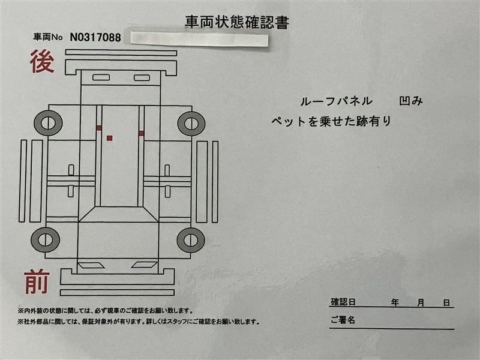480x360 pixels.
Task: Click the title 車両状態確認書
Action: click(x=237, y=22)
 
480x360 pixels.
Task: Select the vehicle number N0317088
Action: click(x=95, y=38)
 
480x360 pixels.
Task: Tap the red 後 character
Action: click(x=42, y=62)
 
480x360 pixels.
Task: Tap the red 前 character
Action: click(x=37, y=281)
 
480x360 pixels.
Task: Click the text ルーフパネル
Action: click(x=337, y=101)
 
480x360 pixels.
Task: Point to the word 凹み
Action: click(x=411, y=101)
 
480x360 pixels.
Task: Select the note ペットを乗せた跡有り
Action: click(x=331, y=122)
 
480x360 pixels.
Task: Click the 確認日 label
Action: click(x=343, y=302)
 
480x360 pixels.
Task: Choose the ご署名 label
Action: click(x=343, y=320)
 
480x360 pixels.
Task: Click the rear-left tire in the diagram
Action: click(x=48, y=123)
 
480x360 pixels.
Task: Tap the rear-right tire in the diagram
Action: click(x=191, y=124)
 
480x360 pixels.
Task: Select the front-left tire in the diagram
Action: click(x=46, y=239)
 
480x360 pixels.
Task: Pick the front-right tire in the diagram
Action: click(x=191, y=240)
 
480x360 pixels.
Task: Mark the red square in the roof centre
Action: click(x=110, y=138)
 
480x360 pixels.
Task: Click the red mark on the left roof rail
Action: click(x=98, y=128)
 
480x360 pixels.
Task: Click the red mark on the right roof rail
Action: click(x=141, y=133)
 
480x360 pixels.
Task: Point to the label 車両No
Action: click(x=48, y=37)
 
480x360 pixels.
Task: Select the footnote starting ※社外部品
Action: click(x=139, y=322)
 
